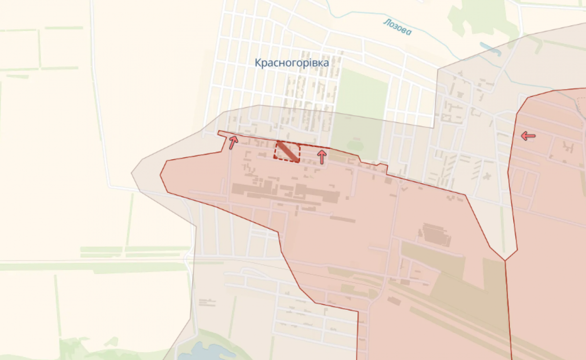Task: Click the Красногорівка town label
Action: point(292,63)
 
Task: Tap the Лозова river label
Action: point(398,27)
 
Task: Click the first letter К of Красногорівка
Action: point(257,63)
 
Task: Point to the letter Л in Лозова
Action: point(386,22)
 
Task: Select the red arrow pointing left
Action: point(528,136)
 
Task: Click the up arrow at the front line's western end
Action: point(233,142)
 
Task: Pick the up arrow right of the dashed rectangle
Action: point(321,156)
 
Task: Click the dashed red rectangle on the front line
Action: point(287,151)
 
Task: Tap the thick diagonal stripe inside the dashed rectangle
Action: point(288,151)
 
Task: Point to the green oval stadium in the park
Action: point(355,145)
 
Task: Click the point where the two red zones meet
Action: point(505,259)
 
